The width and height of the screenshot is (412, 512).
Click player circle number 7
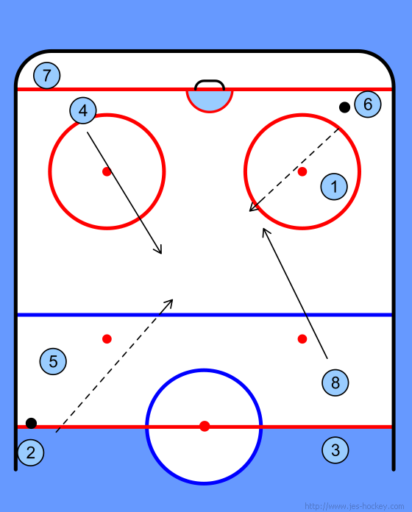pyautogui.click(x=46, y=76)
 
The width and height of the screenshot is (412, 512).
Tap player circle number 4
pyautogui.click(x=83, y=110)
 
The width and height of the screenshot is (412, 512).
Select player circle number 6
pyautogui.click(x=368, y=104)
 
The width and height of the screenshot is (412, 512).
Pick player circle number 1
pyautogui.click(x=334, y=186)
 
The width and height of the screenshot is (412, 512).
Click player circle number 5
pyautogui.click(x=53, y=361)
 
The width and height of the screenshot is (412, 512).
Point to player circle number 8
pyautogui.click(x=335, y=383)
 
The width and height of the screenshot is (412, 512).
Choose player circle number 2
pyautogui.click(x=31, y=452)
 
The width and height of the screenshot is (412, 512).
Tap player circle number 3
pyautogui.click(x=335, y=450)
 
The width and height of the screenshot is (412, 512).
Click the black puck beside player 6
pyautogui.click(x=344, y=107)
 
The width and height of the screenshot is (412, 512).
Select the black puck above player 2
pyautogui.click(x=31, y=423)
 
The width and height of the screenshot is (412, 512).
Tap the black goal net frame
pyautogui.click(x=210, y=81)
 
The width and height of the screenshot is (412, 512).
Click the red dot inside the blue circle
pyautogui.click(x=205, y=426)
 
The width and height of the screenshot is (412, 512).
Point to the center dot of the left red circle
pyautogui.click(x=107, y=171)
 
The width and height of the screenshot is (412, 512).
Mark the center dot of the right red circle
pyautogui.click(x=302, y=171)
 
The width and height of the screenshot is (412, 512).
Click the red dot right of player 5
pyautogui.click(x=107, y=339)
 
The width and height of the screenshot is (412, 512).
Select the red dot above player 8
pyautogui.click(x=302, y=339)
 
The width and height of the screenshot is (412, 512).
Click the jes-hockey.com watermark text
pyautogui.click(x=354, y=506)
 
